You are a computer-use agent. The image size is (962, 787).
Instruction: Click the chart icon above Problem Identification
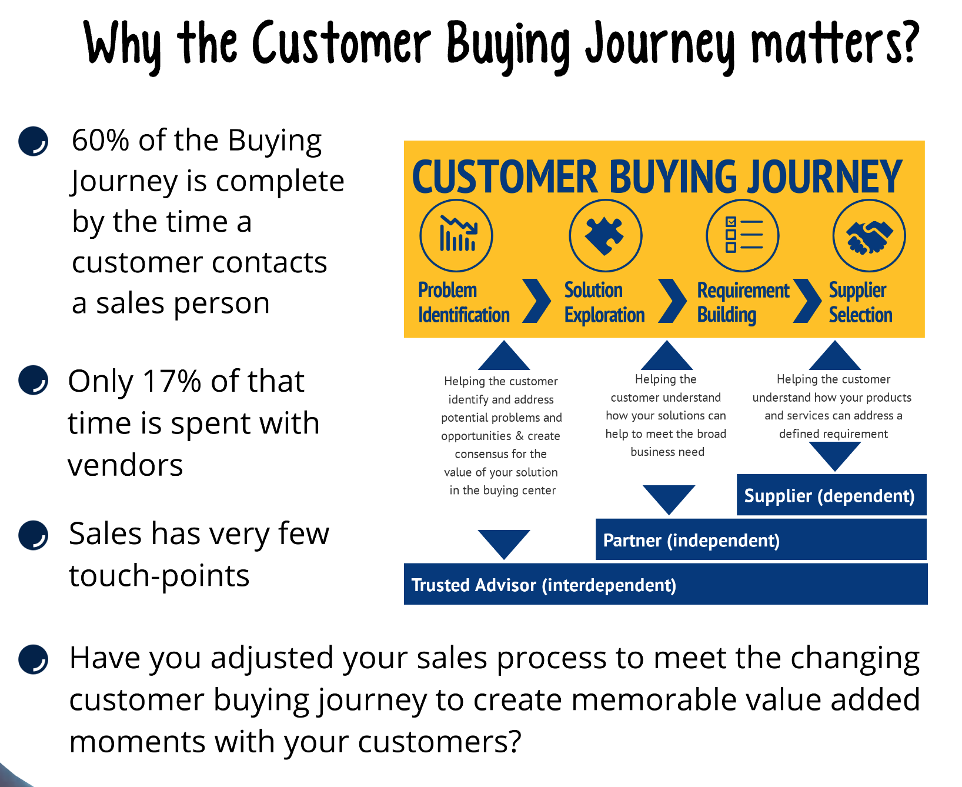(x=456, y=235)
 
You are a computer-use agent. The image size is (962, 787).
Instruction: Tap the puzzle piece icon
(x=606, y=235)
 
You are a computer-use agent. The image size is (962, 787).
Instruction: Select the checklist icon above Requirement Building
(x=743, y=235)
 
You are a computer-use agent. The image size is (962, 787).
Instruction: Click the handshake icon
(x=869, y=235)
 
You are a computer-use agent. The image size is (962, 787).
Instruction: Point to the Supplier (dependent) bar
(x=831, y=495)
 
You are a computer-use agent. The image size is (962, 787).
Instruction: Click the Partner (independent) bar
(x=761, y=539)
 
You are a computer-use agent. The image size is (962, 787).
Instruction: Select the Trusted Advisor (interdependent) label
(x=544, y=585)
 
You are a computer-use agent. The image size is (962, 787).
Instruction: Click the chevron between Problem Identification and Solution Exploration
(x=536, y=301)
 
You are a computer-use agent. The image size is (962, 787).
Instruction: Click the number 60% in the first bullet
(x=101, y=141)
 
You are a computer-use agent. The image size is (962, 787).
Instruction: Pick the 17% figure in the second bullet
(x=172, y=382)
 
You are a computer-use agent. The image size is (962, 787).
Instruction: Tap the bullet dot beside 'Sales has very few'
(x=33, y=535)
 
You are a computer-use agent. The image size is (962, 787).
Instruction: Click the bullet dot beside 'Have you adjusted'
(x=33, y=659)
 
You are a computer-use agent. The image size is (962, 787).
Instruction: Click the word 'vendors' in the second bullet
(x=125, y=465)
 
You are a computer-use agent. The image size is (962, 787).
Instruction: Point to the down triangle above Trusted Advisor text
(x=504, y=544)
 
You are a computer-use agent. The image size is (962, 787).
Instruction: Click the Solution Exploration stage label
(x=604, y=302)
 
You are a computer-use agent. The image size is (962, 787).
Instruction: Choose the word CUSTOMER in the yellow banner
(x=505, y=177)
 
